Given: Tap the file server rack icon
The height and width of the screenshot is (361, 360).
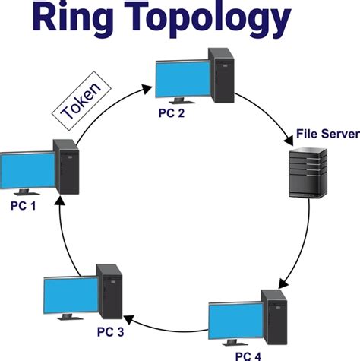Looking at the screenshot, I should pyautogui.click(x=308, y=173).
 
